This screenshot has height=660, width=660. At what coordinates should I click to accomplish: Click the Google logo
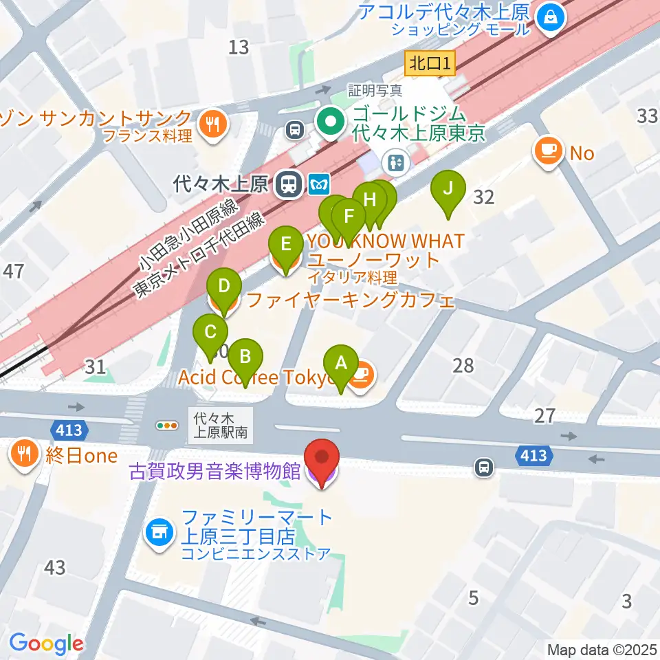[x=46, y=643]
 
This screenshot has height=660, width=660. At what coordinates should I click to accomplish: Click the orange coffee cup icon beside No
[x=550, y=151]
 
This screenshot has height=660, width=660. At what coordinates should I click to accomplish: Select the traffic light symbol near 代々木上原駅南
[x=167, y=426]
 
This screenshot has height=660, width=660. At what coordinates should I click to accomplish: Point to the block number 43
[x=55, y=567]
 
